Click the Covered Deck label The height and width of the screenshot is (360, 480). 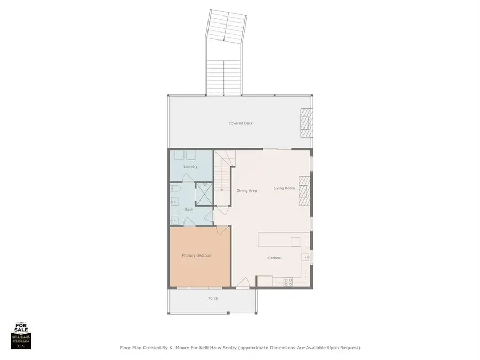241,123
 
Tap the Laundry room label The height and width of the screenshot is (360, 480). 190,167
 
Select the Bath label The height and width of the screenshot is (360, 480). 189,210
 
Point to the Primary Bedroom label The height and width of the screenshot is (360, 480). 197,255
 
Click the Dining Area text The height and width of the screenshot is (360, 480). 246,190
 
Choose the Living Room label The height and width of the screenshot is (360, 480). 284,188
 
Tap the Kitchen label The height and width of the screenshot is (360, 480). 274,258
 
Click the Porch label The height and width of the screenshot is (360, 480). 213,298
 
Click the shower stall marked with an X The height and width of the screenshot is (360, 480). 203,194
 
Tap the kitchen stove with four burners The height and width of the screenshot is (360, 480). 289,282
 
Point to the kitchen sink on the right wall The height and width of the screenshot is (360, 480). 307,257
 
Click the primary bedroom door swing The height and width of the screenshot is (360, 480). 221,230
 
